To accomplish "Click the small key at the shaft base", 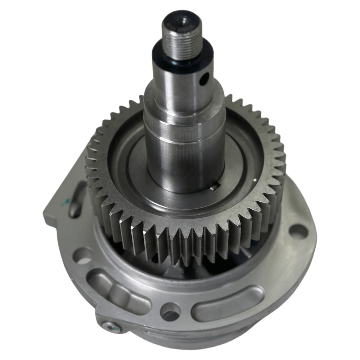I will (x=212, y=187).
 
